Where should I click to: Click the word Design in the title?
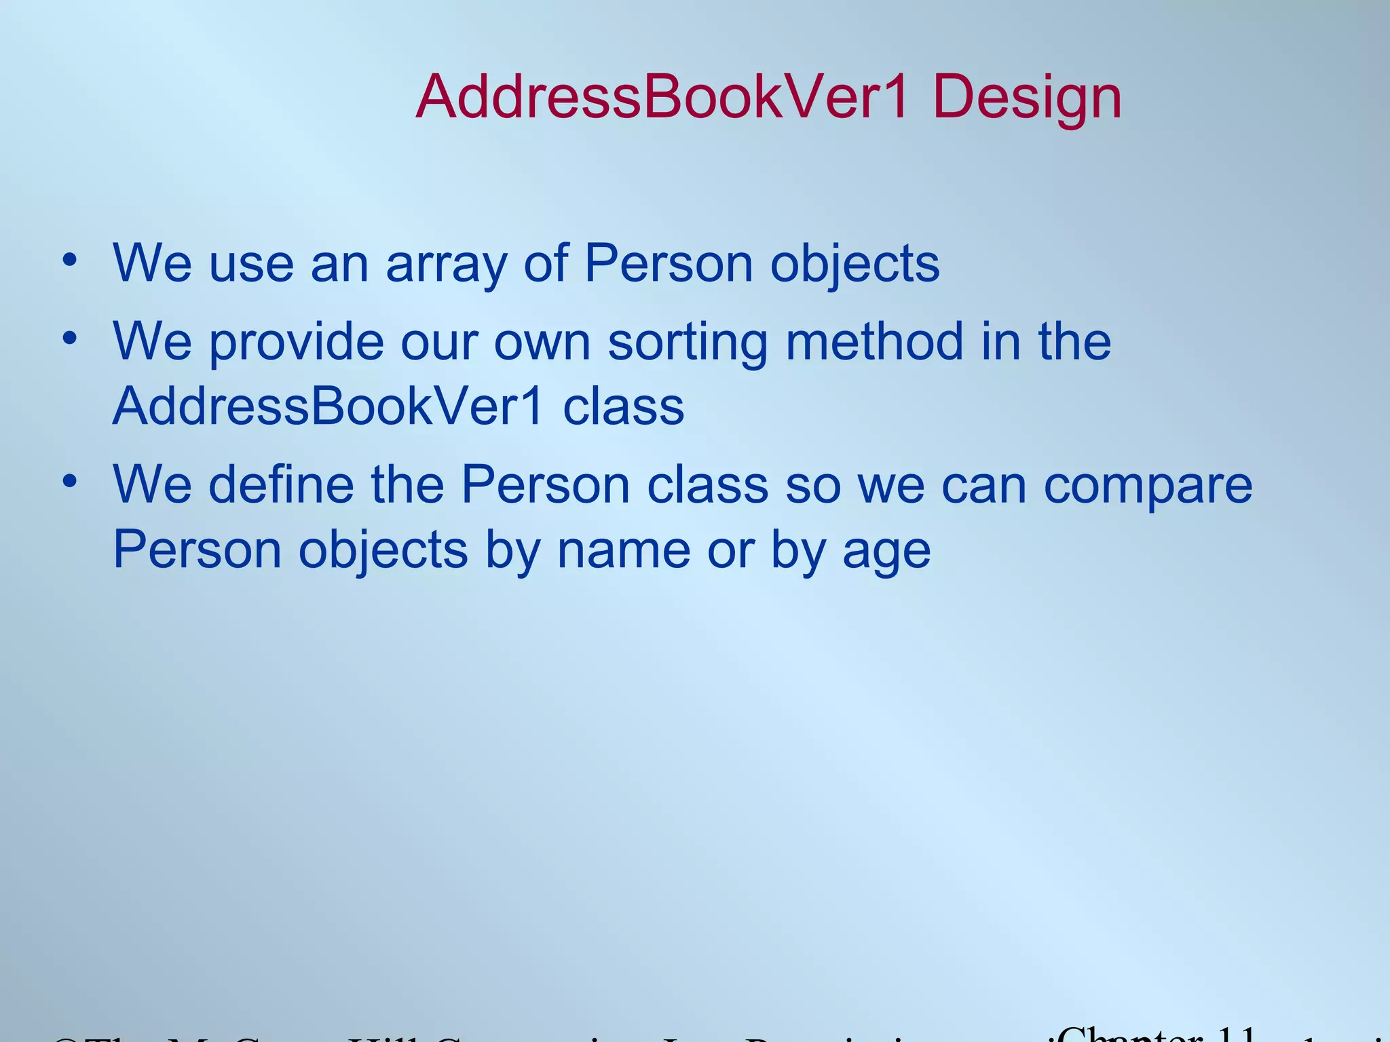click(1027, 99)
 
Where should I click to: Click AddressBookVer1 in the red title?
click(662, 98)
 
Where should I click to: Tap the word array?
click(446, 265)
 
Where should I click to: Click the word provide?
click(296, 343)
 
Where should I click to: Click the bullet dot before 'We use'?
click(69, 260)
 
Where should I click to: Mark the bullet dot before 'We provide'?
click(69, 337)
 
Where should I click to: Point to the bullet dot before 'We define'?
click(69, 481)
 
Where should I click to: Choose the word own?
click(542, 343)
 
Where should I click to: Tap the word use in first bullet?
click(251, 265)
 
